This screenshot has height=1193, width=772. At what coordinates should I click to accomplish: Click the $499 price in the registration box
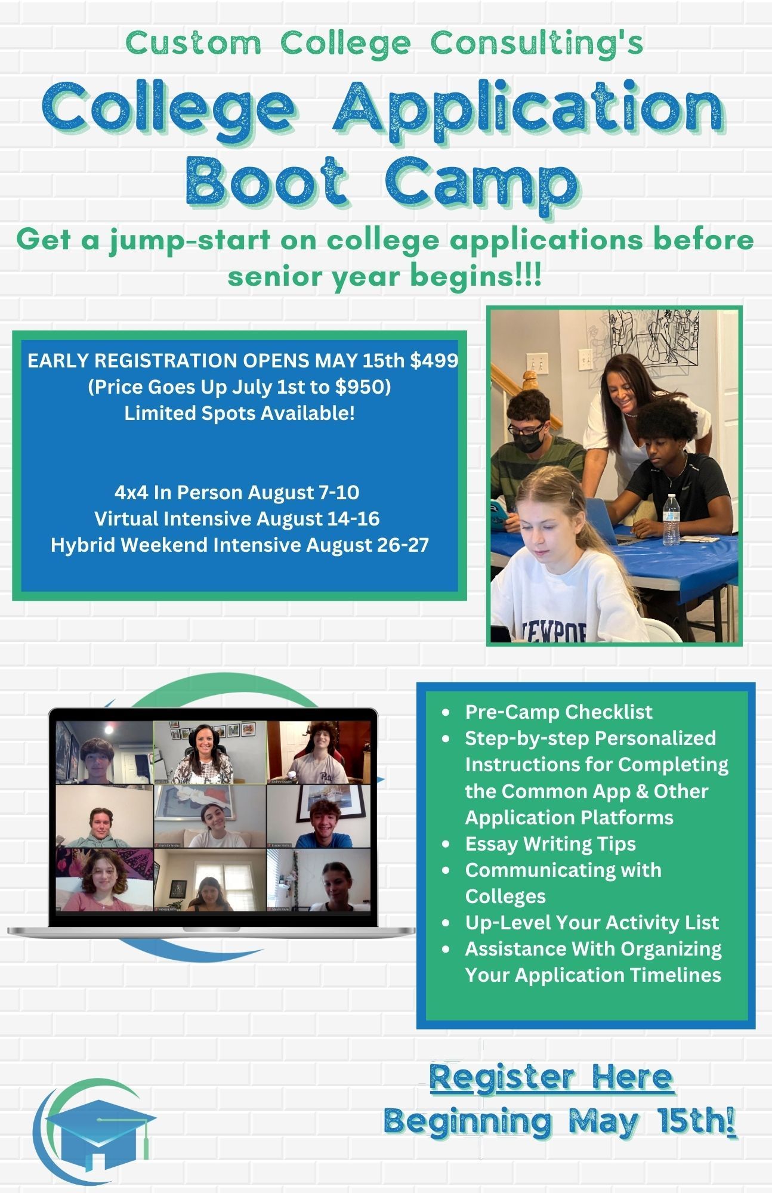click(434, 361)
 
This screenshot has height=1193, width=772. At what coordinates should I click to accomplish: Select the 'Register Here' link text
click(551, 1077)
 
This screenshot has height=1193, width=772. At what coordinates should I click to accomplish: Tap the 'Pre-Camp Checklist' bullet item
click(558, 712)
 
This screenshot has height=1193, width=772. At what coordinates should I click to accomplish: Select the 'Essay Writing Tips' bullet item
click(550, 843)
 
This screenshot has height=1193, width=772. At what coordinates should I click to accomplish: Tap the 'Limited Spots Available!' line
click(239, 413)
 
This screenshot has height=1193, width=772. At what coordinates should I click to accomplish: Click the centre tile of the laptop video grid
click(210, 816)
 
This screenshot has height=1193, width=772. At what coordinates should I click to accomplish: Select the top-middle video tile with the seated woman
click(209, 752)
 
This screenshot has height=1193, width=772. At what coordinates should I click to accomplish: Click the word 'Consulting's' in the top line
click(537, 43)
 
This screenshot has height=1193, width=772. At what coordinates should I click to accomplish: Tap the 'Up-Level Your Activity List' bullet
click(592, 922)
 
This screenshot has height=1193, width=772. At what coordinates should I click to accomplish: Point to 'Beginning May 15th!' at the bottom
click(559, 1121)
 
